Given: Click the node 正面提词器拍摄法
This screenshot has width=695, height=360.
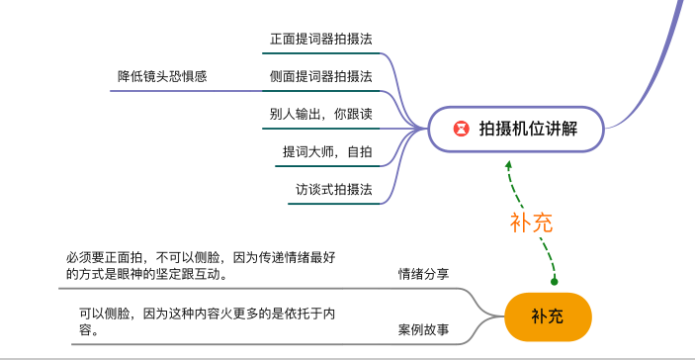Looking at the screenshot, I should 321,40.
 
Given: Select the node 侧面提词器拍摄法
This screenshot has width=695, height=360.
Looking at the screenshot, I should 321,76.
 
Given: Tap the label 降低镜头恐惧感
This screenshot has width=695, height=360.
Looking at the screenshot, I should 162,76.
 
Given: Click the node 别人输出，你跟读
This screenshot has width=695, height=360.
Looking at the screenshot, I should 321,114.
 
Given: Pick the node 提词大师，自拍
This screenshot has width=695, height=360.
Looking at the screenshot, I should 327,151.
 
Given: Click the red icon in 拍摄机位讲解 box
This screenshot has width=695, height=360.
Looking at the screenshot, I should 461,129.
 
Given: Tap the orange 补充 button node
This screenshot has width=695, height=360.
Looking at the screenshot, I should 548,316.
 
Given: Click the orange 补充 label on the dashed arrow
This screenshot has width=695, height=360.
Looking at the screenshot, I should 531,223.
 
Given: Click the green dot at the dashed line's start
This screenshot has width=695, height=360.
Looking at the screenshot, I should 555,281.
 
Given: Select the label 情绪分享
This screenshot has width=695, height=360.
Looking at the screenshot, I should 423,274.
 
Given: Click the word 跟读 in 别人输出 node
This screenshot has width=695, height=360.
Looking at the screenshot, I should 360,114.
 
